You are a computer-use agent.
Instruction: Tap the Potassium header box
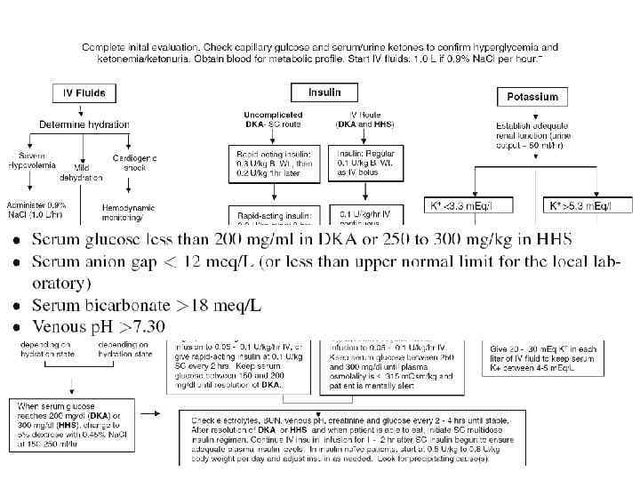click(x=532, y=96)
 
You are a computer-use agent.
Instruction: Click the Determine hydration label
click(x=83, y=124)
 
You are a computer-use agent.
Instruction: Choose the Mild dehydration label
click(x=87, y=172)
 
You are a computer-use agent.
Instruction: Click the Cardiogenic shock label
click(x=135, y=163)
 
